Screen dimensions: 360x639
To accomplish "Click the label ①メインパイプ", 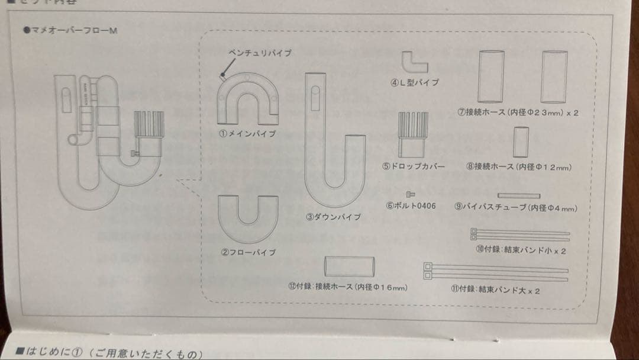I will coord(247,134).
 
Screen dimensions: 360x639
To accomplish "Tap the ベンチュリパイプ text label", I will coord(260,53).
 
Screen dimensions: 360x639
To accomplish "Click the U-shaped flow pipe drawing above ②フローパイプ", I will coord(248,218).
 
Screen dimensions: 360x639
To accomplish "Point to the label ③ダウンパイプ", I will coord(333,217).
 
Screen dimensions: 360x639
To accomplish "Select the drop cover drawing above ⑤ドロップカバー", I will coord(412,133).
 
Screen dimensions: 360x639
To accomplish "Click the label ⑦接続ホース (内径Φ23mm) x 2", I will coord(518,112).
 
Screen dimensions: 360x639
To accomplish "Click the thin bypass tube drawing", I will coord(519,195).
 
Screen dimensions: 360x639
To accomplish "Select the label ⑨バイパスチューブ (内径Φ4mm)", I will coord(516,207).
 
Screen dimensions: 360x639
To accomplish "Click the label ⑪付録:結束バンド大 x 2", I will coord(495,291).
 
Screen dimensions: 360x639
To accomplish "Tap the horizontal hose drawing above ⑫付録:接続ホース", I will coord(350,266).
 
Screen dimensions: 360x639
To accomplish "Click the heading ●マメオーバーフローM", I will coord(70,30).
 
